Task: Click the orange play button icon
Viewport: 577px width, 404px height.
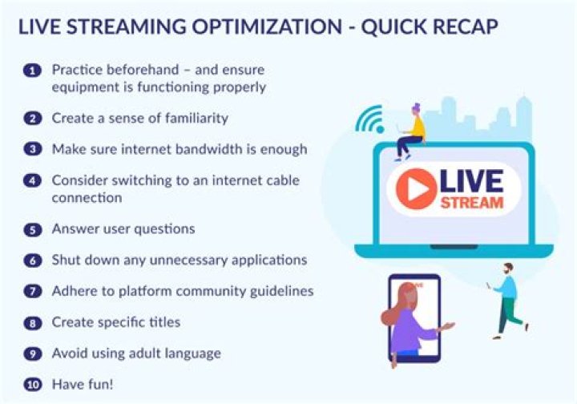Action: click(x=414, y=189)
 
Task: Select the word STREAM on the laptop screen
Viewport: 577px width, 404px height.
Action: click(x=471, y=202)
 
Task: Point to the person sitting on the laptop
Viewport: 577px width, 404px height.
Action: click(x=413, y=132)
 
